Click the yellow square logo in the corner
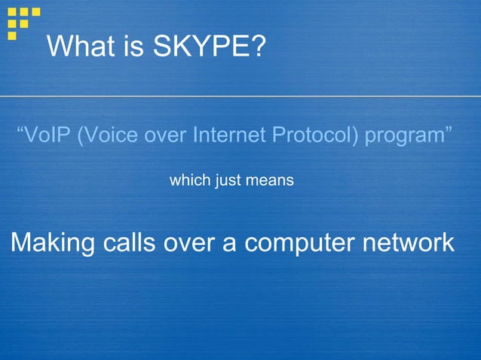23,21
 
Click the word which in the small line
188,181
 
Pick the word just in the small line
228,181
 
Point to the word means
269,182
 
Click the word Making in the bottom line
53,243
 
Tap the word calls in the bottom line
133,243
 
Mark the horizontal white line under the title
240,96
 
